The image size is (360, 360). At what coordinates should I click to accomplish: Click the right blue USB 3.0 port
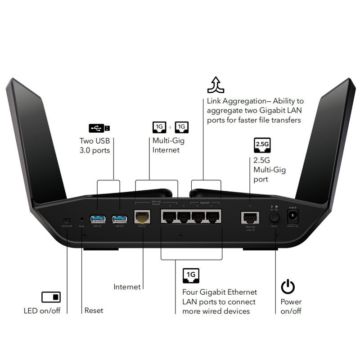pyautogui.click(x=119, y=219)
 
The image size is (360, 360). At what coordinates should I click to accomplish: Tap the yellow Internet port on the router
pyautogui.click(x=143, y=218)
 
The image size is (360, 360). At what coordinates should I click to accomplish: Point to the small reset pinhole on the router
pyautogui.click(x=82, y=219)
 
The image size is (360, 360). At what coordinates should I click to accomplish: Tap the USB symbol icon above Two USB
pyautogui.click(x=99, y=128)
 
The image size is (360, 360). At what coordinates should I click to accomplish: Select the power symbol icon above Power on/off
pyautogui.click(x=288, y=287)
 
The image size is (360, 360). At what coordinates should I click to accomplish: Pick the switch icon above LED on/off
pyautogui.click(x=51, y=297)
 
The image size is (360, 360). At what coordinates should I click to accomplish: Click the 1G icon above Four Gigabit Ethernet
pyautogui.click(x=191, y=275)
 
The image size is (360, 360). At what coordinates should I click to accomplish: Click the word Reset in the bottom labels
pyautogui.click(x=94, y=310)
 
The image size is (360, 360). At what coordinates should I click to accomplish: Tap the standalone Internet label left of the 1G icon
pyautogui.click(x=127, y=287)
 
